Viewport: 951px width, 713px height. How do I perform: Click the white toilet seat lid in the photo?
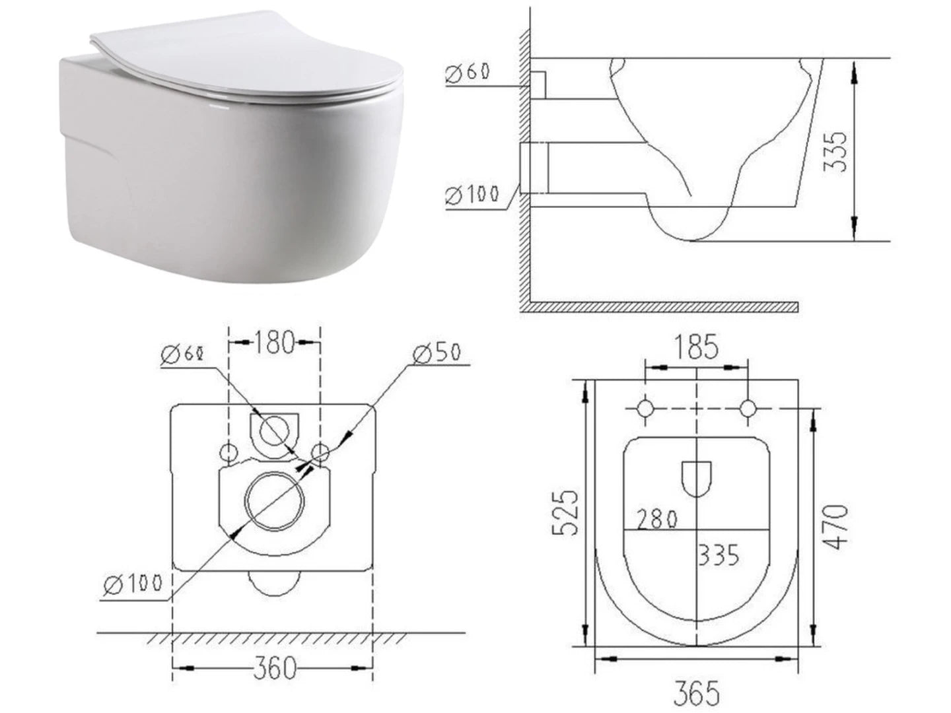click(244, 56)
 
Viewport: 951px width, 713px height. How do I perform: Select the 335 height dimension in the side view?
click(837, 151)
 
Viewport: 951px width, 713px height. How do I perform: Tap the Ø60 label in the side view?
click(468, 73)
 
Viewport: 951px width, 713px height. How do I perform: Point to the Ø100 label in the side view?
click(472, 195)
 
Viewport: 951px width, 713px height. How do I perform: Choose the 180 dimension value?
click(274, 342)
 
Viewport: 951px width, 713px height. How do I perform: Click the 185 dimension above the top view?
click(696, 347)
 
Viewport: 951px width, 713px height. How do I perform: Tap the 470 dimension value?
click(836, 526)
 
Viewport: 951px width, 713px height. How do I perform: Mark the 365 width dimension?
click(697, 693)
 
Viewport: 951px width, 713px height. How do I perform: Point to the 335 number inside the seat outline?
click(719, 555)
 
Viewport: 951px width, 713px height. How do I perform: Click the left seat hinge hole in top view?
click(645, 408)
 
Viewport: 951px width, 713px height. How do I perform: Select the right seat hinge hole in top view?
click(748, 408)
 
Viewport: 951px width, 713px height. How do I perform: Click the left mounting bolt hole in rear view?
click(229, 452)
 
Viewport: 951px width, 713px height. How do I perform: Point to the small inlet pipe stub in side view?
click(538, 85)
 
